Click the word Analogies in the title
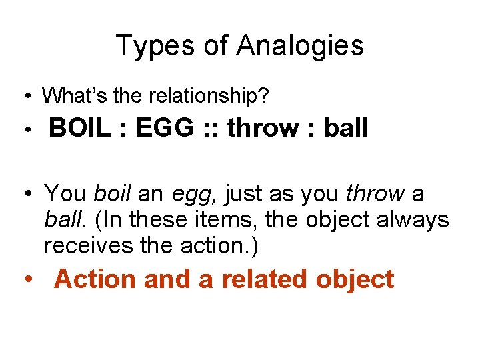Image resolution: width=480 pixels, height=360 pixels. (300, 46)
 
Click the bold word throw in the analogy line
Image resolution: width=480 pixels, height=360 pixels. (262, 128)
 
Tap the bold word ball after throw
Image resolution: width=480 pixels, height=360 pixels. (346, 128)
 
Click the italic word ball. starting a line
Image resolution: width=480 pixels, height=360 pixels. (62, 219)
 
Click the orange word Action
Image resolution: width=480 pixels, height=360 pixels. (95, 279)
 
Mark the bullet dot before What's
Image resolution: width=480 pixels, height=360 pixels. (27, 97)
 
